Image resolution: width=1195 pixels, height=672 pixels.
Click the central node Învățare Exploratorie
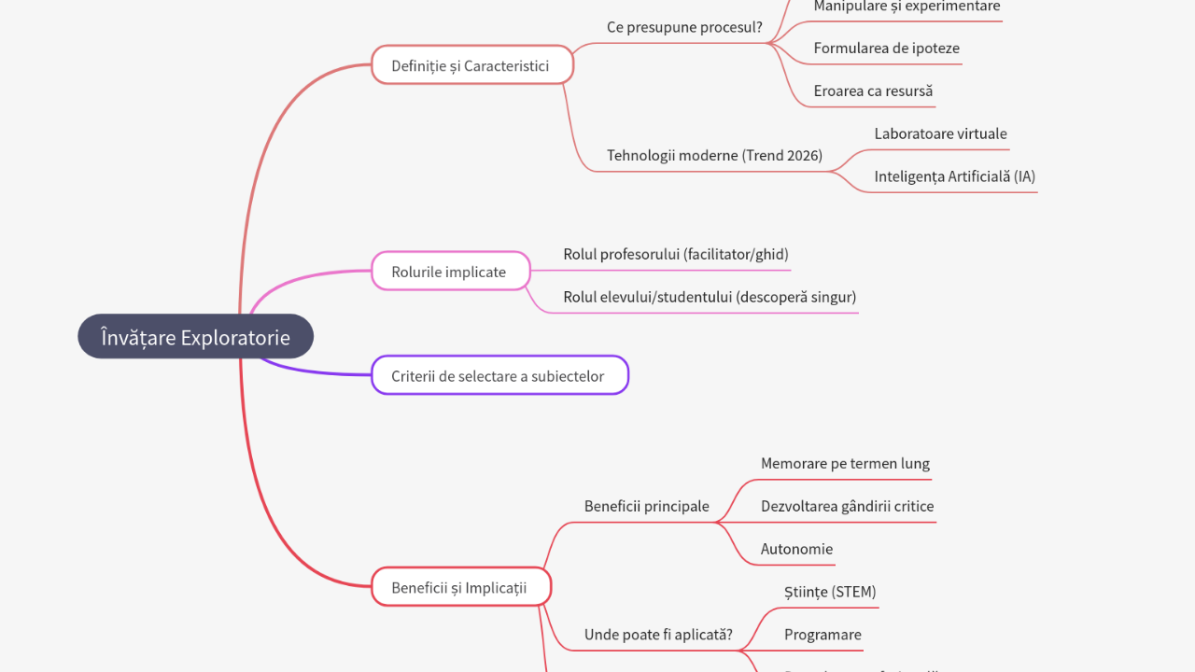tap(195, 337)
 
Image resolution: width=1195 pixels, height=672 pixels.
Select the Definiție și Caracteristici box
tap(471, 65)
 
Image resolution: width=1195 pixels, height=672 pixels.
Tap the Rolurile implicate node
tap(450, 272)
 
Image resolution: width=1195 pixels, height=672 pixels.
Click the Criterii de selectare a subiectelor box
tap(499, 376)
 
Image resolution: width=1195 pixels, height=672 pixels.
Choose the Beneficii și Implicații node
tap(460, 587)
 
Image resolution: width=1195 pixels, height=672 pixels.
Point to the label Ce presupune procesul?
tap(684, 27)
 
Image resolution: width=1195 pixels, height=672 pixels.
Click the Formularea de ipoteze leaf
tap(886, 49)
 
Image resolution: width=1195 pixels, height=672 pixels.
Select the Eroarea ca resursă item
tap(873, 91)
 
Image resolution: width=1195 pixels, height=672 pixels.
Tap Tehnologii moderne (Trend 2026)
tap(714, 155)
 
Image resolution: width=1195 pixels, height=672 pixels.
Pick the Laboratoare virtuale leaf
tap(940, 133)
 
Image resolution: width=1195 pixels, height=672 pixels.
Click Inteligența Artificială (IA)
tap(954, 176)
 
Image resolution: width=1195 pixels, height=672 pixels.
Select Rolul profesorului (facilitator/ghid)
tap(676, 254)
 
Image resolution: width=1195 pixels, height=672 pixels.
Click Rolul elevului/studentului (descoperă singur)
tap(710, 297)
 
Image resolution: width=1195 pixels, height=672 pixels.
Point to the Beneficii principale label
tap(646, 506)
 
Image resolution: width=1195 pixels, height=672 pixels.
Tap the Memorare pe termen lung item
tap(845, 463)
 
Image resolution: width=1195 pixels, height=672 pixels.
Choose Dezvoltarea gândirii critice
tap(847, 506)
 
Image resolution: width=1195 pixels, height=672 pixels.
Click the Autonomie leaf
tap(796, 549)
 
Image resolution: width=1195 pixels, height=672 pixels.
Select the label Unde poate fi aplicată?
tap(658, 635)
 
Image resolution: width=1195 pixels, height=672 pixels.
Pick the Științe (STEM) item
tap(830, 592)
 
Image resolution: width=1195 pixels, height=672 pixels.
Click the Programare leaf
tap(822, 635)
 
